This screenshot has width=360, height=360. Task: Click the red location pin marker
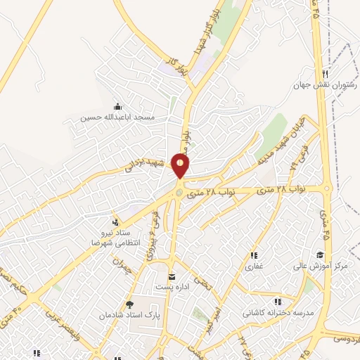click(x=181, y=166)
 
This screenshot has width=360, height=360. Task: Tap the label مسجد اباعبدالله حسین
click(x=115, y=116)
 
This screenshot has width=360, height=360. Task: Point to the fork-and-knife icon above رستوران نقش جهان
click(x=324, y=75)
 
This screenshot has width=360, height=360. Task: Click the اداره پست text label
click(x=172, y=287)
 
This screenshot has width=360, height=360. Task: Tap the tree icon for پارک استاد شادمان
click(x=129, y=304)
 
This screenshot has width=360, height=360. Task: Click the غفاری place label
click(x=253, y=266)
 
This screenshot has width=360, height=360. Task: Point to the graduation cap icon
click(x=320, y=255)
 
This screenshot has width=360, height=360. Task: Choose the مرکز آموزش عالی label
click(x=321, y=266)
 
